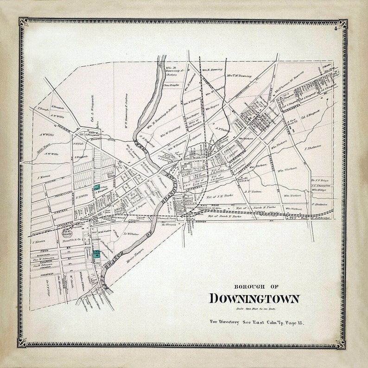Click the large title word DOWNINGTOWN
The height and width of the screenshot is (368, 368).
coord(254,298)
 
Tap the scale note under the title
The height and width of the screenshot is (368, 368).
coord(254,308)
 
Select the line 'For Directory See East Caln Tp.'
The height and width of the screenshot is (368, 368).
coord(256,321)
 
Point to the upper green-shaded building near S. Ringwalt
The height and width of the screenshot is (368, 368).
coord(96,187)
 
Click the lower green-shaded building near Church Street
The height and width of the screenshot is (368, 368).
coord(96,254)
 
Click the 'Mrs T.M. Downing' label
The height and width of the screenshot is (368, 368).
coord(239,75)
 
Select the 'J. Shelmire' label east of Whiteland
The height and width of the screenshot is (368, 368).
coord(313,148)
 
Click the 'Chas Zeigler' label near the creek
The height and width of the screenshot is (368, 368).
coord(171,85)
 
